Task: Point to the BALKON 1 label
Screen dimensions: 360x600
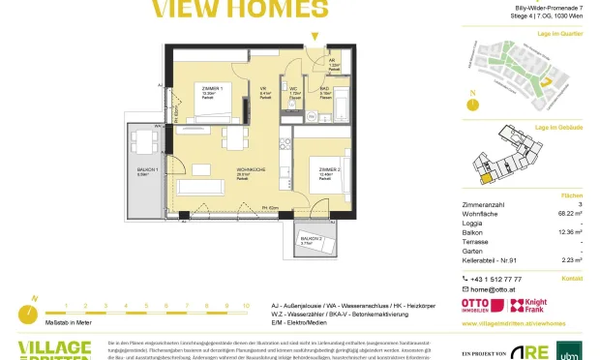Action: pos(144,172)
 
